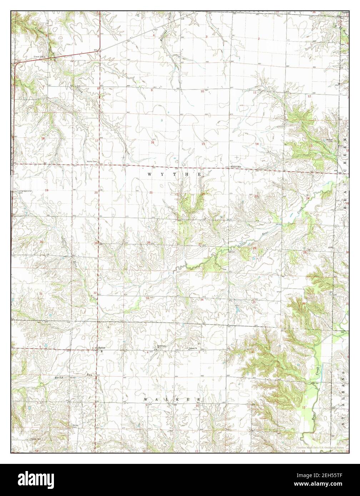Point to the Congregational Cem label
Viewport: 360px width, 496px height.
[x=25, y=192]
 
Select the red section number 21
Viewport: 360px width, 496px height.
[x=151, y=192]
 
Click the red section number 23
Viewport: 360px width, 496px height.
[x=256, y=196]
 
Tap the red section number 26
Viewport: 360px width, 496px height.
[x=255, y=248]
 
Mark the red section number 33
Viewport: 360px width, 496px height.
[x=147, y=298]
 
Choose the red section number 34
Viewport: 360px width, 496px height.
[x=202, y=299]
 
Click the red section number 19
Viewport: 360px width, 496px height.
[x=46, y=191]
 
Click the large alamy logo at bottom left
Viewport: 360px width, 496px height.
[x=32, y=479]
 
